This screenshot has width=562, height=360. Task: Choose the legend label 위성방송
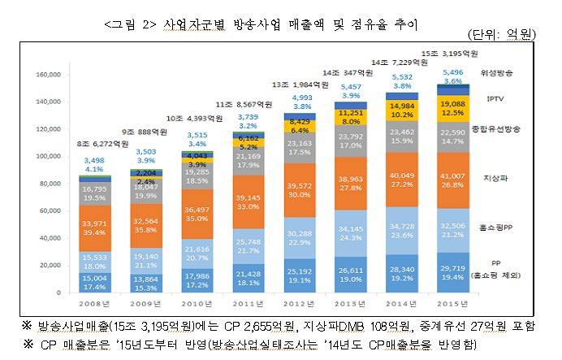[496, 72]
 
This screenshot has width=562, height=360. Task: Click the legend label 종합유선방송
[496, 129]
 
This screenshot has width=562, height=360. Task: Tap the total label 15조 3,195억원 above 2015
[450, 52]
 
